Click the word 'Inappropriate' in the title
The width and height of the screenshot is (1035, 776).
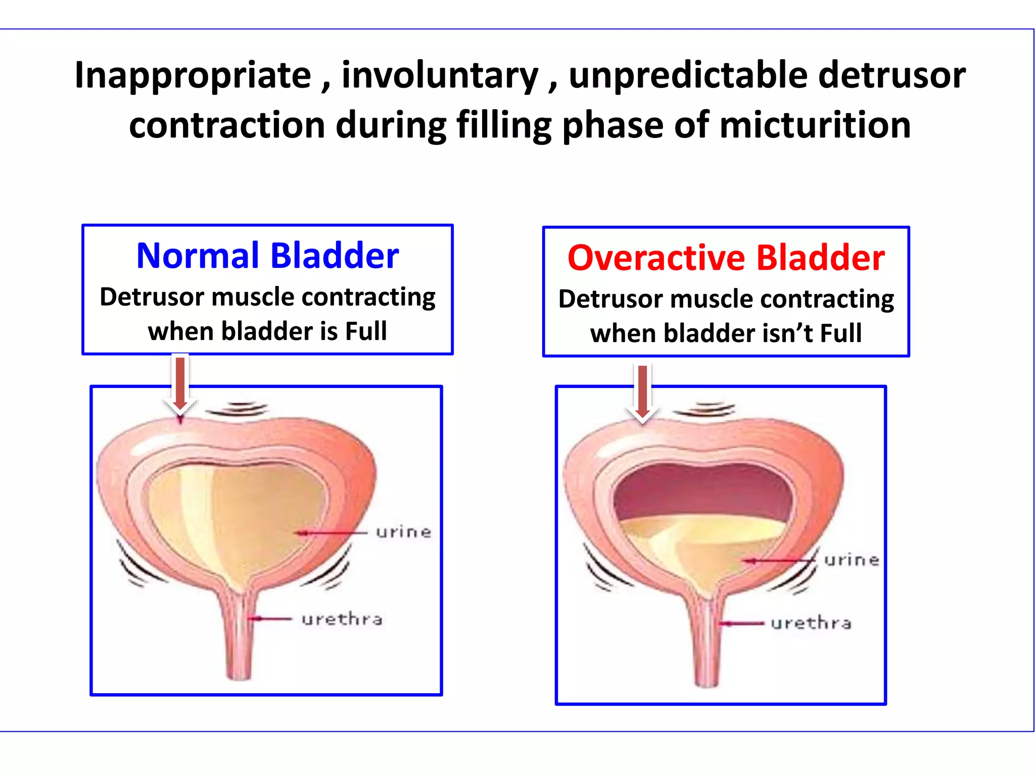click(193, 76)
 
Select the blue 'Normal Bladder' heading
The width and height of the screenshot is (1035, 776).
click(267, 256)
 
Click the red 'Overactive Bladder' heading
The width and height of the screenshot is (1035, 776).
click(726, 258)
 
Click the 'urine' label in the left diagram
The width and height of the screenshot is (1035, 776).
click(403, 531)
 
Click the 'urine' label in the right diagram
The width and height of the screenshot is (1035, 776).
click(852, 560)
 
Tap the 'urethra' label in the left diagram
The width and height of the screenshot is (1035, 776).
click(342, 619)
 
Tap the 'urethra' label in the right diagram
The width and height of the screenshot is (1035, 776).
click(811, 623)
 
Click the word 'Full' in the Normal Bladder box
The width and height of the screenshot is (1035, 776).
click(366, 331)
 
